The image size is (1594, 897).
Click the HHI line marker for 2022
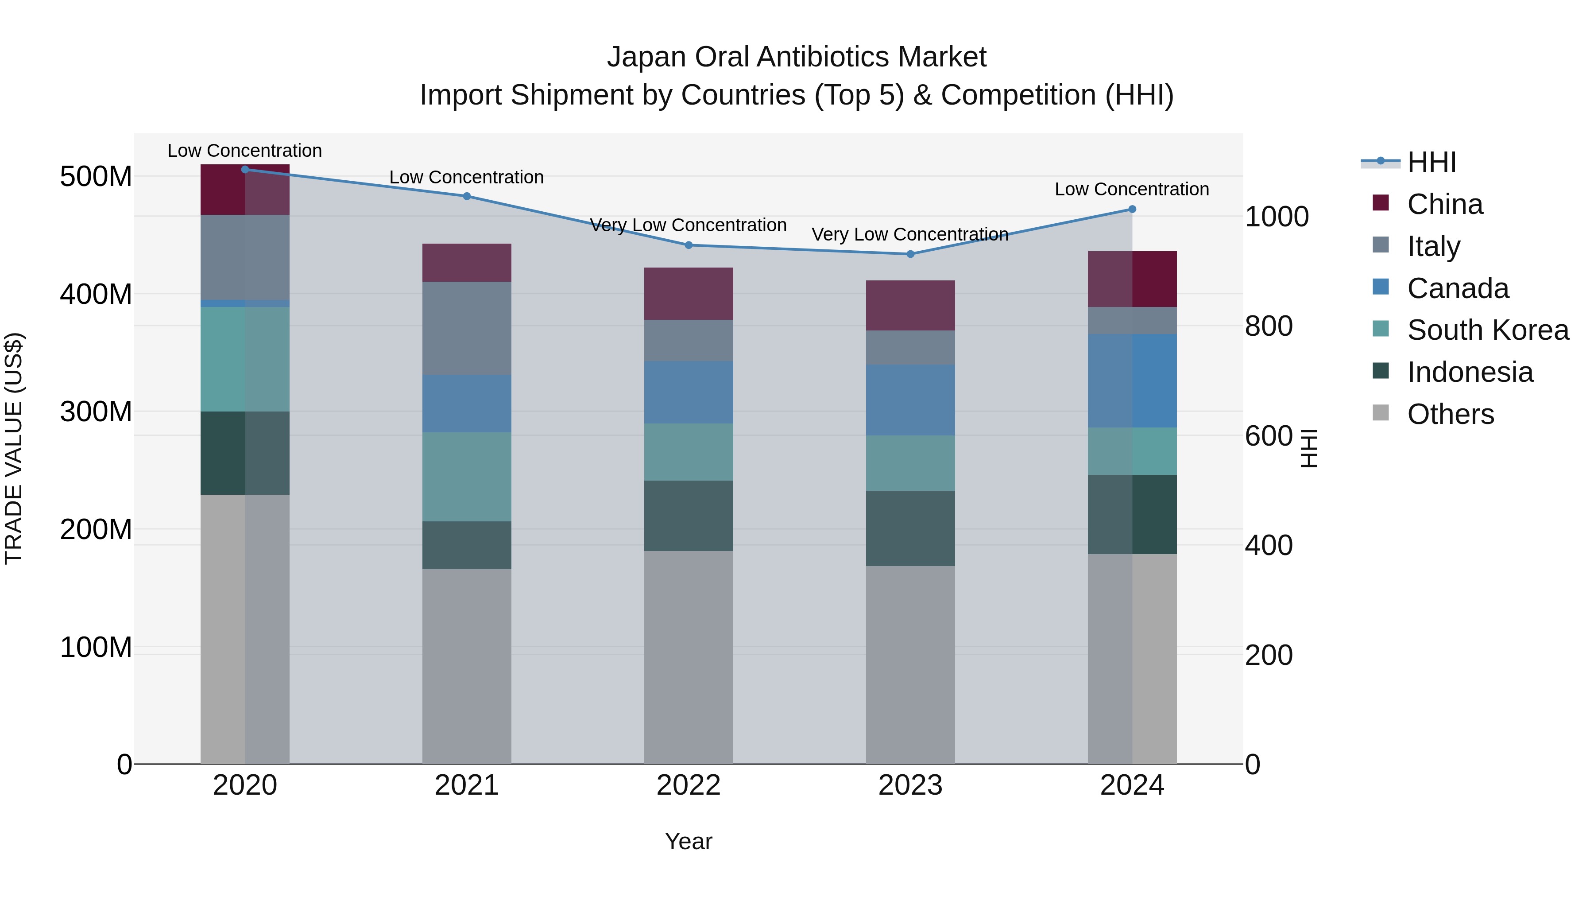[x=689, y=245]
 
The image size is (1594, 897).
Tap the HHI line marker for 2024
[x=1132, y=209]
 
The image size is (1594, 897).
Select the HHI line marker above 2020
[x=245, y=169]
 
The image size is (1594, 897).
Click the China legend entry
[x=1445, y=204]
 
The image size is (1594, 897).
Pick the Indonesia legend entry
[x=1470, y=372]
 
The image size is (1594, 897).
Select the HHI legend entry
[x=1431, y=162]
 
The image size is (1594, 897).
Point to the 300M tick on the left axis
[x=96, y=412]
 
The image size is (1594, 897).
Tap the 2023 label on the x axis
[x=910, y=785]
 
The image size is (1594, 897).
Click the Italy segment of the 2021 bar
[x=467, y=328]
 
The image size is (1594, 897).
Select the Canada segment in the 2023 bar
[x=910, y=400]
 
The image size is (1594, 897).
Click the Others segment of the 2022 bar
[x=689, y=656]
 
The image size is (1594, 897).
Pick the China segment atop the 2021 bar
[x=467, y=263]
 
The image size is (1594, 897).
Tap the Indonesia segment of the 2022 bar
[x=689, y=516]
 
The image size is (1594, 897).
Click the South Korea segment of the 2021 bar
[x=467, y=477]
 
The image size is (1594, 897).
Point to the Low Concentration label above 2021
[x=467, y=178]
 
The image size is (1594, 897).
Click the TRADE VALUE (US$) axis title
[x=14, y=448]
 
